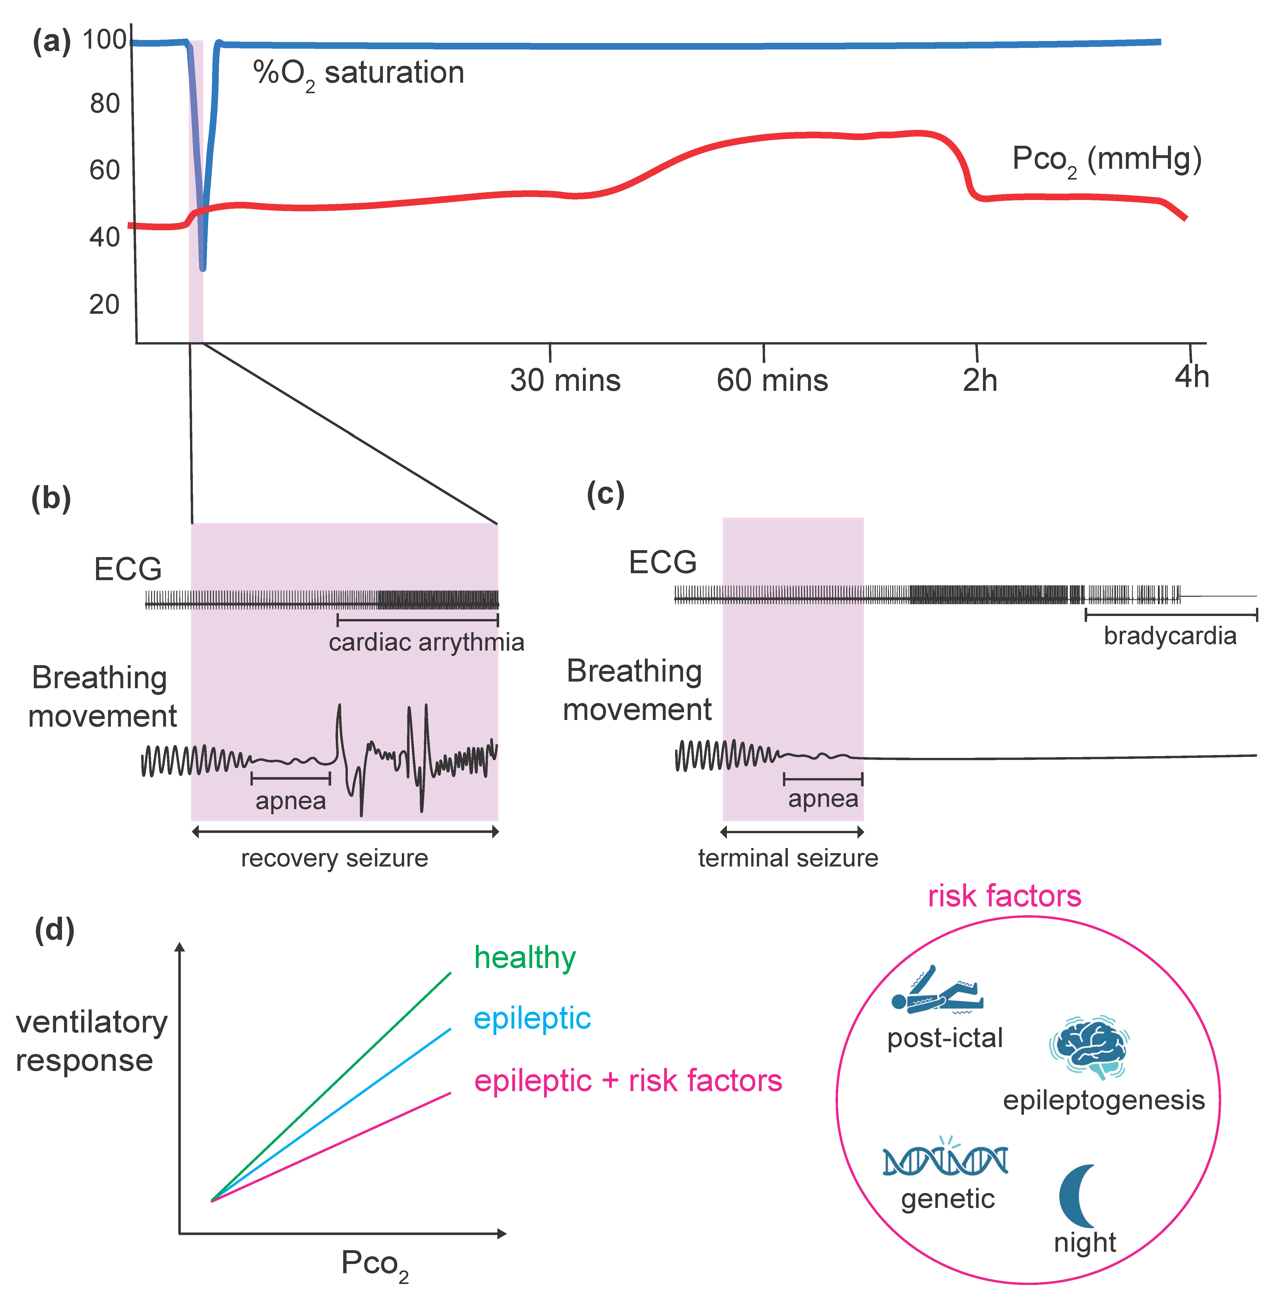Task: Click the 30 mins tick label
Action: (x=565, y=380)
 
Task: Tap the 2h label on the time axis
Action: (x=979, y=380)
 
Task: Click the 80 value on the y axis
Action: (x=104, y=104)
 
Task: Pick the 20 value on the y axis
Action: (x=104, y=305)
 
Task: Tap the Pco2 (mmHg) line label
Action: (x=1106, y=160)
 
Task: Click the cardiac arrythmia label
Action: (x=426, y=642)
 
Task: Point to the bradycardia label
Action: (x=1169, y=636)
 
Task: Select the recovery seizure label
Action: (x=334, y=858)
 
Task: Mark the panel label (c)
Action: (x=605, y=494)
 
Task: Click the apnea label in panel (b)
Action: (x=290, y=801)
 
